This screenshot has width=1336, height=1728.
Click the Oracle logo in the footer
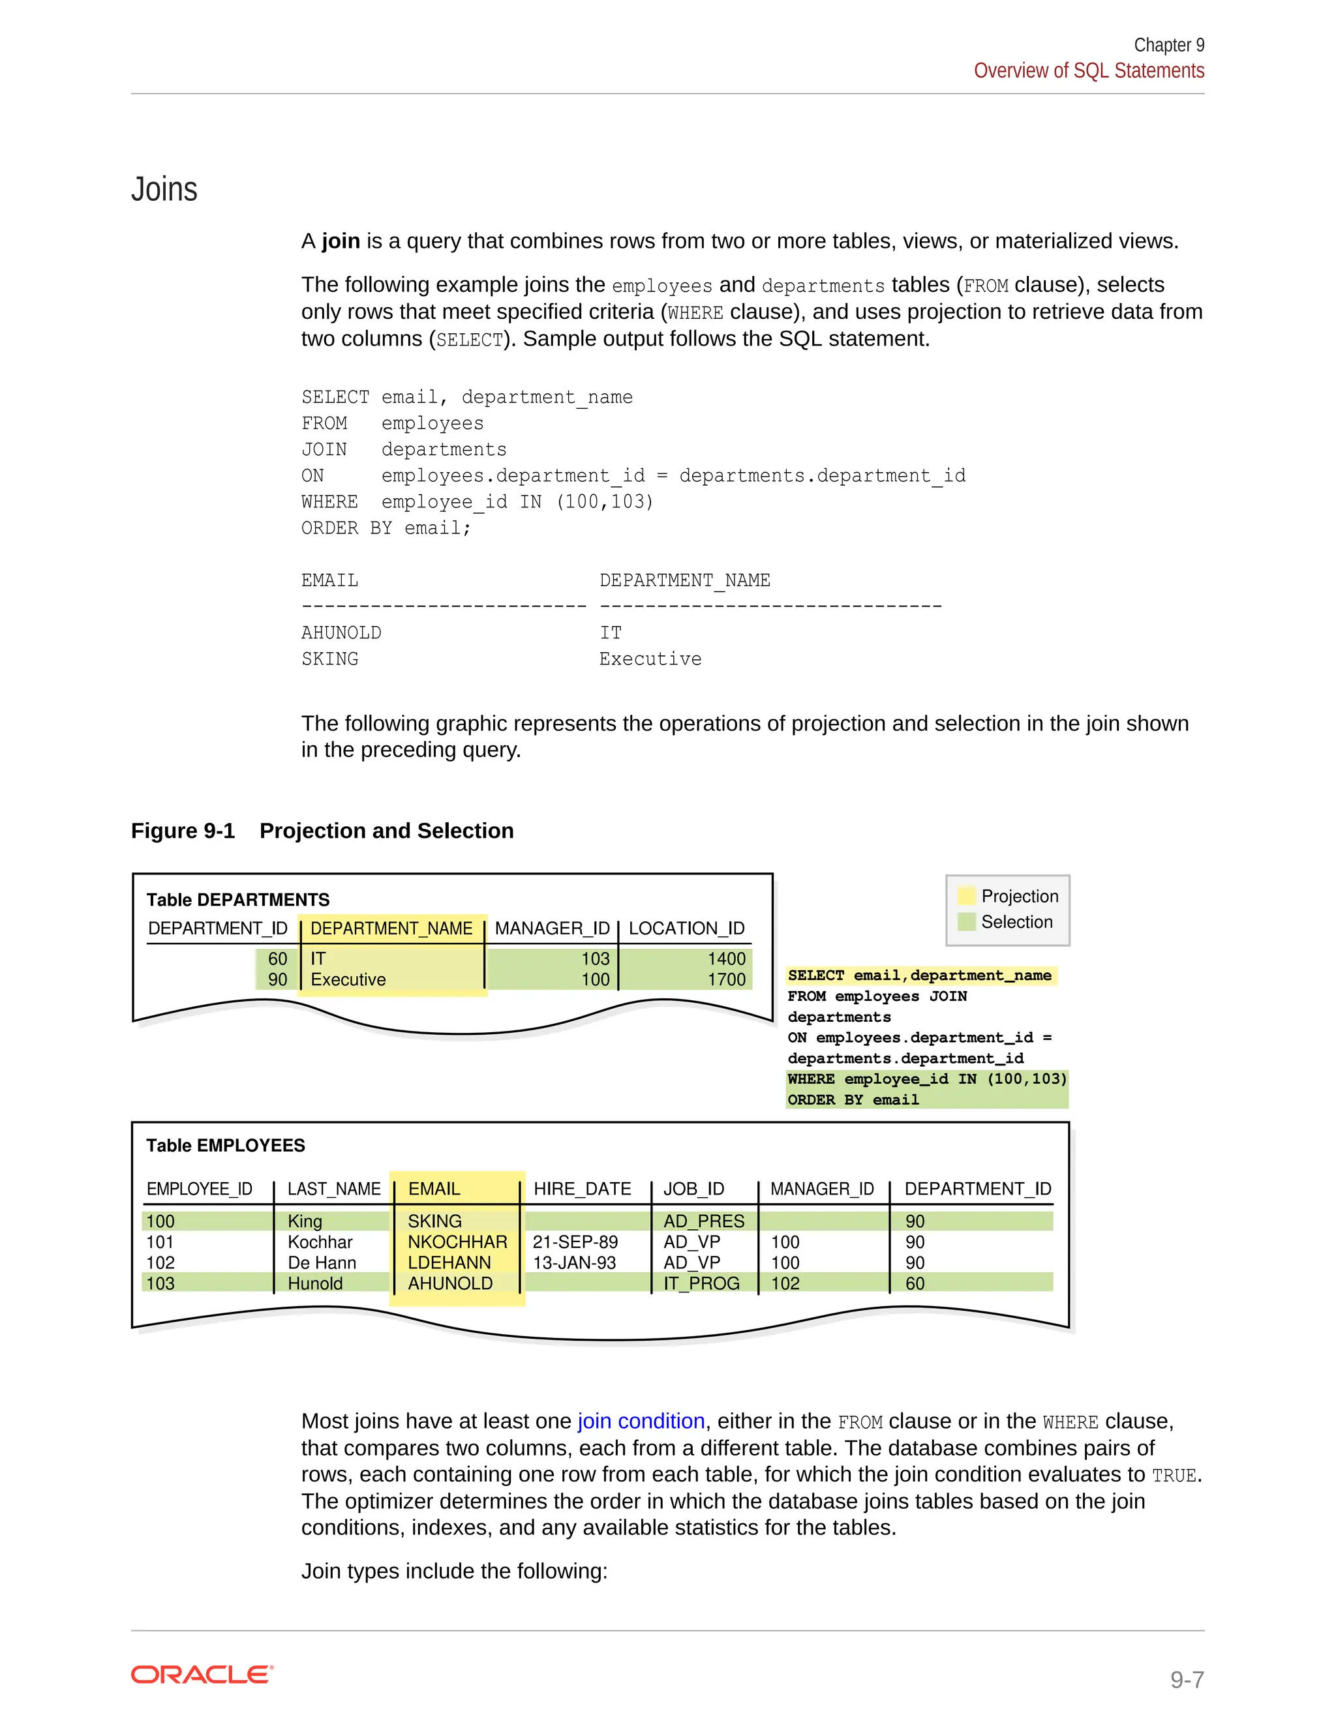pos(202,1675)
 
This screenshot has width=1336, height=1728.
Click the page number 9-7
pos(1187,1680)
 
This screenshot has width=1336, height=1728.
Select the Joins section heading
pos(164,190)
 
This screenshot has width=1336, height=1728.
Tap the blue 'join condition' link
pos(641,1421)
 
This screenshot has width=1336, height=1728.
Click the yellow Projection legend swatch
pos(966,896)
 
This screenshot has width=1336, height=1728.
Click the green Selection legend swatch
pos(966,922)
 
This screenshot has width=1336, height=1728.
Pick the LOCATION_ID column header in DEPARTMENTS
pos(686,928)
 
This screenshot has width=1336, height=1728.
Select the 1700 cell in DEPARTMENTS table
pos(726,979)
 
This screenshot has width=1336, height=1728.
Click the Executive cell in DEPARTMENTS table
pos(348,979)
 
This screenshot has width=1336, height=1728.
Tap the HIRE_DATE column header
pos(582,1189)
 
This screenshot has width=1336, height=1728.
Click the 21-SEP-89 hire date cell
pos(575,1242)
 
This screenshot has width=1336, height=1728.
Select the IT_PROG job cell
pos(701,1283)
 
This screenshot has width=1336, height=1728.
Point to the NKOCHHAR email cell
pos(457,1242)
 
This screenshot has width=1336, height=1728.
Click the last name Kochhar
pos(320,1242)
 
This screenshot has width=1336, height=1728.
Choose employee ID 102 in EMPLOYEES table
pos(160,1263)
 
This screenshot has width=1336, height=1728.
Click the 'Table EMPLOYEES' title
pos(226,1146)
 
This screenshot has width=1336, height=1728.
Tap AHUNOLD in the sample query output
pos(341,633)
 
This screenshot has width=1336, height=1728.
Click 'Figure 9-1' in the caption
pos(183,831)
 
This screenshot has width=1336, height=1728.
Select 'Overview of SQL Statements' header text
pos(1088,71)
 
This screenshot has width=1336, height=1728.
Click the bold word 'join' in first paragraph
pos(341,241)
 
